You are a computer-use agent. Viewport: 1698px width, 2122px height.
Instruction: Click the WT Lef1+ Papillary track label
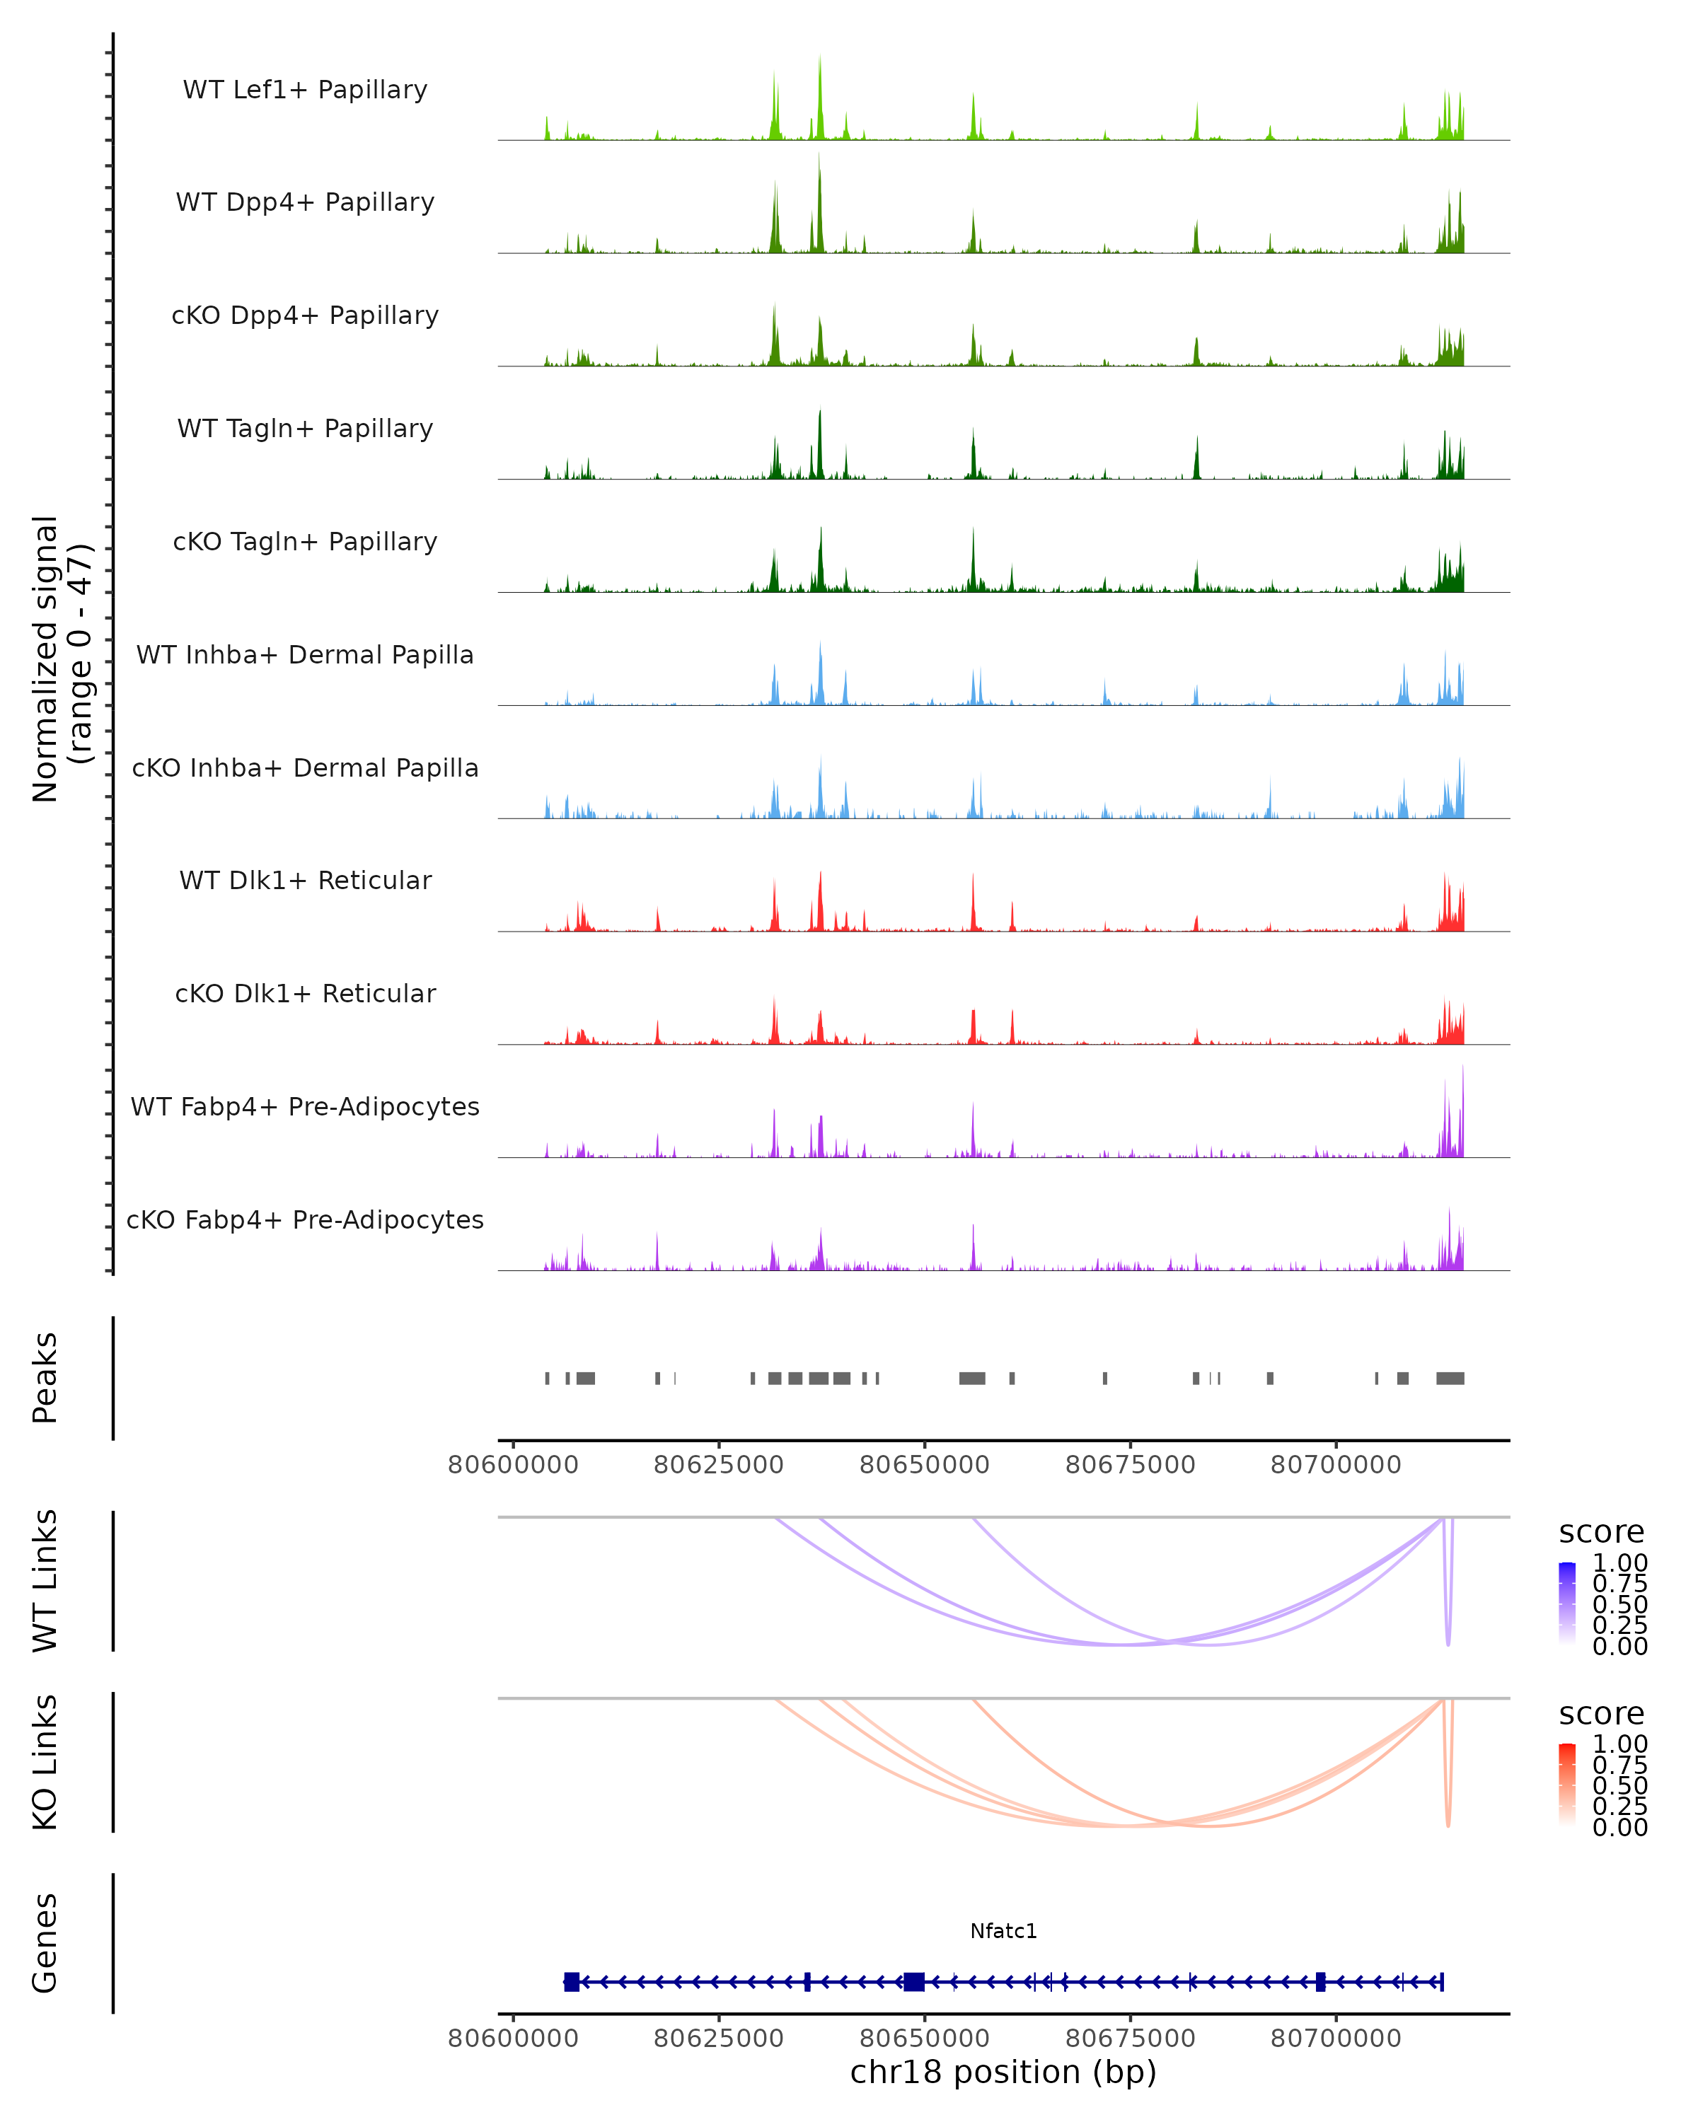[305, 90]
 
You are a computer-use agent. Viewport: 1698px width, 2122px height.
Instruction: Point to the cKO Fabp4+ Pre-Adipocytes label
[305, 1219]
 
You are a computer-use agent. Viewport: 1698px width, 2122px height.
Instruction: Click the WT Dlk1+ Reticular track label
[305, 880]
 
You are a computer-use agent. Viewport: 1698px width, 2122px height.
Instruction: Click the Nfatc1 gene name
[1003, 1931]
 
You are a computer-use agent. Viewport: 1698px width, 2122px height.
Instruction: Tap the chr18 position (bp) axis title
[1003, 2072]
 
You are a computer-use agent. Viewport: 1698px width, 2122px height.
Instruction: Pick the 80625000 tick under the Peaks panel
[719, 1465]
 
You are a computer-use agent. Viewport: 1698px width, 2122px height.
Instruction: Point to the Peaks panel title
[45, 1378]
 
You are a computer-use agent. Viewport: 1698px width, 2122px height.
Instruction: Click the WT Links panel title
[45, 1581]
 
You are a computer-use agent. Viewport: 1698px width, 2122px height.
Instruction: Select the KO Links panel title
[45, 1762]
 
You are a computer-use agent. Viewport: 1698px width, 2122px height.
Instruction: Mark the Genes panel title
[45, 1943]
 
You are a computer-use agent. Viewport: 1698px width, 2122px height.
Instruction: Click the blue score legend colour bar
[1567, 1604]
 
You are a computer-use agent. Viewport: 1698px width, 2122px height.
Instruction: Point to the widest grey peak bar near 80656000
[973, 1378]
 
